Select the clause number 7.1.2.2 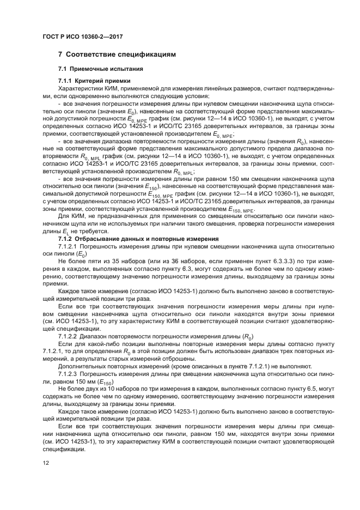(x=69, y=335)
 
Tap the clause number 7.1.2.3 (x=69, y=374)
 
